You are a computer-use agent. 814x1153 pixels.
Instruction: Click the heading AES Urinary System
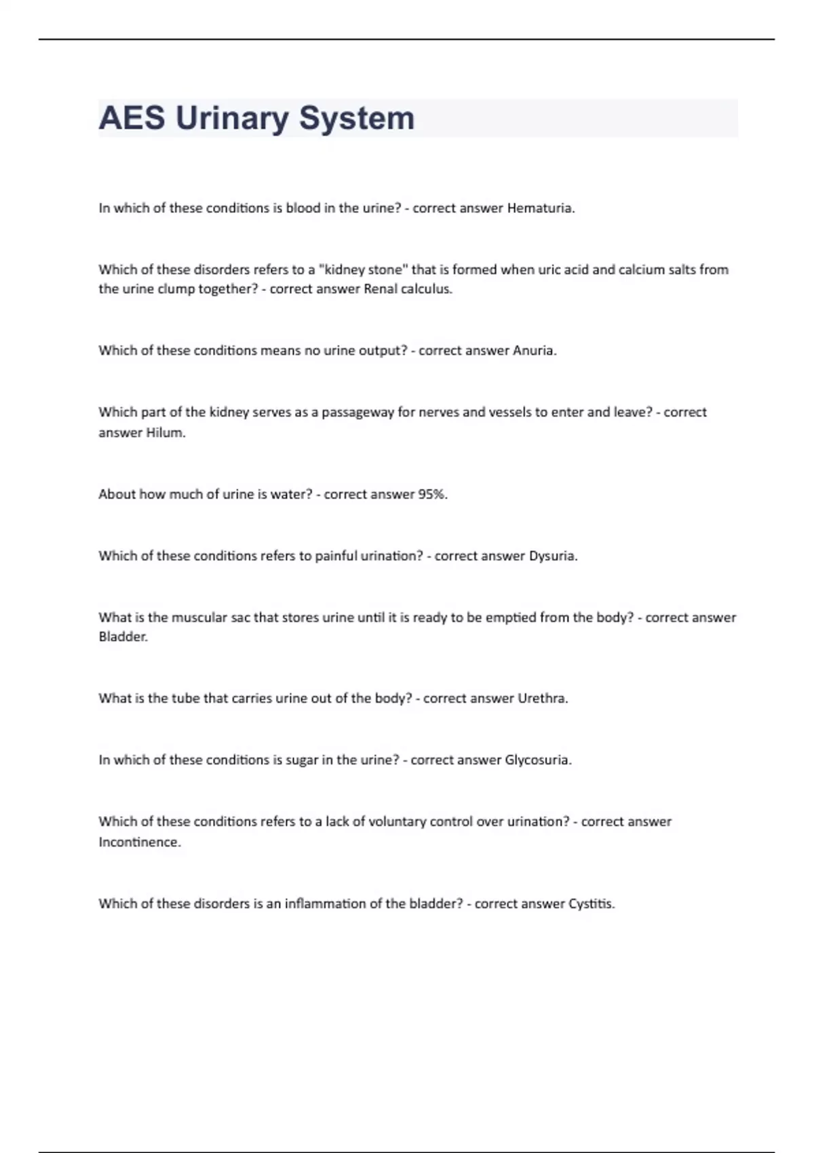click(256, 118)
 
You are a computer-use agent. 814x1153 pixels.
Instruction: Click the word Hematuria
click(540, 208)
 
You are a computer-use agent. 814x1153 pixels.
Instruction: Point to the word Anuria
click(534, 351)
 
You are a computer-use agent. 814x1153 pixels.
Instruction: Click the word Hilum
click(166, 433)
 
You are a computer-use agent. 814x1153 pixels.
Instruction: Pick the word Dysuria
click(552, 556)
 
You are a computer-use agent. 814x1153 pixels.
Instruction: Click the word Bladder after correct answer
click(123, 637)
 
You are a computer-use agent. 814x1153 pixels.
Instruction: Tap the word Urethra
click(542, 699)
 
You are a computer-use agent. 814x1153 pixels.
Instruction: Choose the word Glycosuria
click(538, 760)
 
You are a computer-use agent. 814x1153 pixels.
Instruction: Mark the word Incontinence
click(139, 842)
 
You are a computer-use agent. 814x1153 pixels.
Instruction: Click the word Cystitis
click(591, 904)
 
